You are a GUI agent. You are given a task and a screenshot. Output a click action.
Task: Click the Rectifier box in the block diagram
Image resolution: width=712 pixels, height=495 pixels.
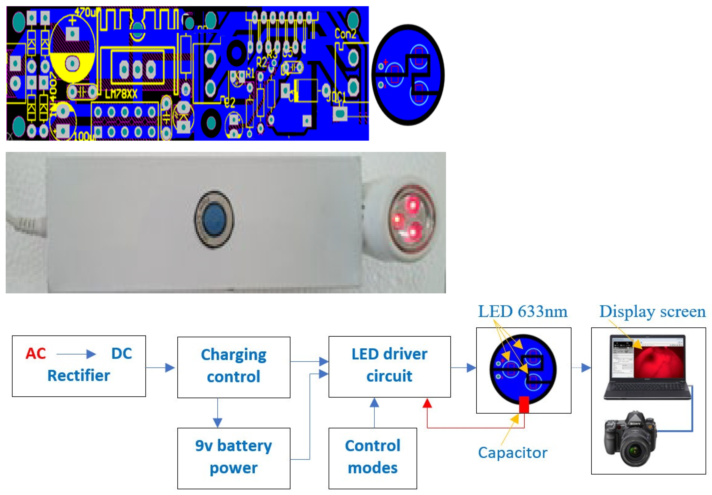pyautogui.click(x=79, y=366)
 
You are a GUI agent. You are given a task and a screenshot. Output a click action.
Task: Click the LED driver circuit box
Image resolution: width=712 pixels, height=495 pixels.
pyautogui.click(x=389, y=366)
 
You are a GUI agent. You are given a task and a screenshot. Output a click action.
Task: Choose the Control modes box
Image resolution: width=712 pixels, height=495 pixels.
pyautogui.click(x=372, y=458)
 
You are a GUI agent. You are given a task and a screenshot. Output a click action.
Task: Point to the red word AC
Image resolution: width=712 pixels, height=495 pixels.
pyautogui.click(x=36, y=354)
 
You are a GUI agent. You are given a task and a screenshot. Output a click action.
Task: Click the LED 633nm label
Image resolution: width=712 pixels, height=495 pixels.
pyautogui.click(x=522, y=312)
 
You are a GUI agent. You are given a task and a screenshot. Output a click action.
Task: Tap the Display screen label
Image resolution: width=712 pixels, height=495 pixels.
pyautogui.click(x=652, y=312)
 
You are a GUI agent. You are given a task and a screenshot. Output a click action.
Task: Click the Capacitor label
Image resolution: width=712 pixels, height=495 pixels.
pyautogui.click(x=513, y=453)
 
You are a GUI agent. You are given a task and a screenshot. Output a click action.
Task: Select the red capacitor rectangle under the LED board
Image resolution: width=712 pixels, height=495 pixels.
pyautogui.click(x=524, y=404)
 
